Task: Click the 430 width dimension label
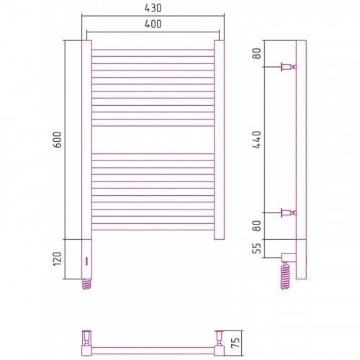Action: coord(153,8)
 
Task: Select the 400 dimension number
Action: coord(153,24)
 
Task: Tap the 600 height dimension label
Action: coord(57,140)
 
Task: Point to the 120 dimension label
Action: coord(57,258)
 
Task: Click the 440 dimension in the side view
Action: coord(257,140)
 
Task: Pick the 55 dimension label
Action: coord(257,248)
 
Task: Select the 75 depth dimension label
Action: coord(235,343)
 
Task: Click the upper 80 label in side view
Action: coord(257,53)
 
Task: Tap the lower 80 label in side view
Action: coord(257,226)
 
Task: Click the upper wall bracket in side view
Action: coord(289,67)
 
